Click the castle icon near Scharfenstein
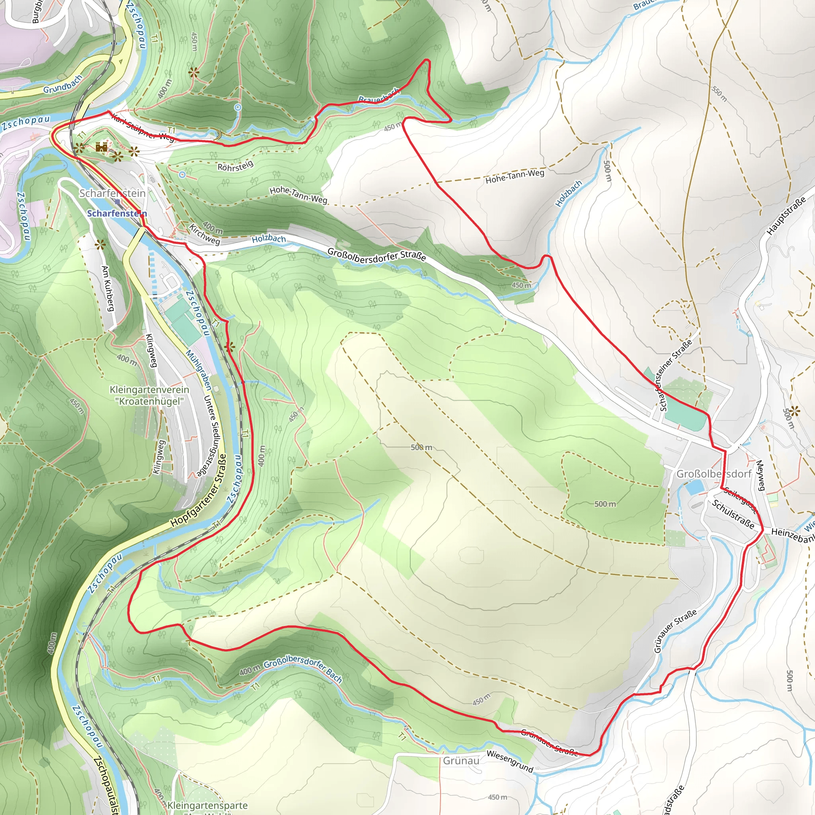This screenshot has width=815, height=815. point(101,147)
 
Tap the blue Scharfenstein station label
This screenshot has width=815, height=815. point(117,213)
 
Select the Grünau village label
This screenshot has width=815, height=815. point(461,760)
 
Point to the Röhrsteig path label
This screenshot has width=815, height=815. point(236,166)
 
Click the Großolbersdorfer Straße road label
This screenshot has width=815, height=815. point(376,255)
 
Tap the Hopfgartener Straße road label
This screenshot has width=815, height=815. point(199,491)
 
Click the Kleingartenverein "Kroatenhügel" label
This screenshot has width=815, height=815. point(149,395)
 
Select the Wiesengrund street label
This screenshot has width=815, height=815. point(510,761)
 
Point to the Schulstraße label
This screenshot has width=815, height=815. point(733,514)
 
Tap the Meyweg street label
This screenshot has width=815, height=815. point(760,476)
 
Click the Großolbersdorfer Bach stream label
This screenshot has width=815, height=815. point(302,668)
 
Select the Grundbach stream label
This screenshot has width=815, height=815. point(62,84)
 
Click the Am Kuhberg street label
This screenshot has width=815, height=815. point(108,289)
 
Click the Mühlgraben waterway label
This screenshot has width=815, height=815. point(199,370)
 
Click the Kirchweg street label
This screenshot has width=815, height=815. point(205,234)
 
